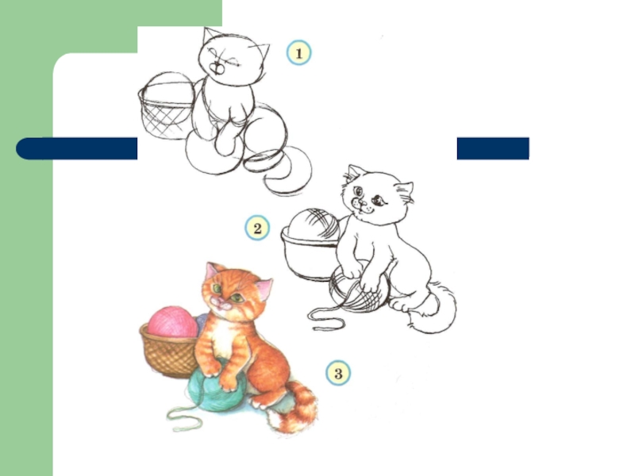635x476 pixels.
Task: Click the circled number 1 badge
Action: (299, 52)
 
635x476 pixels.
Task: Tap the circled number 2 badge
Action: (257, 228)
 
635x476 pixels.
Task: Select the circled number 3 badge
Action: (338, 373)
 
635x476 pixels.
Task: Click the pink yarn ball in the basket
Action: (172, 322)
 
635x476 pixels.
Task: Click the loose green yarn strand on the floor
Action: (184, 418)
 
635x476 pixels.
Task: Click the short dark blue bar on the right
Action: (493, 148)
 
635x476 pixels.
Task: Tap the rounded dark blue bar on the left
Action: (76, 148)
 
